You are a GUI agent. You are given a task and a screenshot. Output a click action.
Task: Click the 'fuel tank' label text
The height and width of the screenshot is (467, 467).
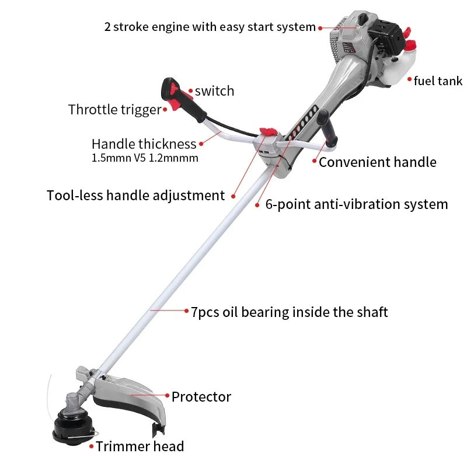click(x=438, y=81)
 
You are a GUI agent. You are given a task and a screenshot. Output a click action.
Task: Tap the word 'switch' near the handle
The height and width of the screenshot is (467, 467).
click(x=214, y=91)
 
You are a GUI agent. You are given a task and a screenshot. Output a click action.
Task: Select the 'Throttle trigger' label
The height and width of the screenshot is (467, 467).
click(x=114, y=110)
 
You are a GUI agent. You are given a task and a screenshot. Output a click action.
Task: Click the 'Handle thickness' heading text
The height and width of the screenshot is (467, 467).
click(x=144, y=144)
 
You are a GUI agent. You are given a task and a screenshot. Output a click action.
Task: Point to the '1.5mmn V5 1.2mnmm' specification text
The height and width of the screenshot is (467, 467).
click(x=145, y=158)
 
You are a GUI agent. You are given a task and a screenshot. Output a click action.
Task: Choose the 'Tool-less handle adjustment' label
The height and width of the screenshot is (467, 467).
click(x=136, y=196)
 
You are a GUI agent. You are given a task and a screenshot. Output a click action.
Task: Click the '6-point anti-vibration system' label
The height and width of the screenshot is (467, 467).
click(x=357, y=205)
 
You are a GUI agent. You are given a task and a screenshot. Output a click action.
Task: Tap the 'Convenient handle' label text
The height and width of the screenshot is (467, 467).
click(x=377, y=162)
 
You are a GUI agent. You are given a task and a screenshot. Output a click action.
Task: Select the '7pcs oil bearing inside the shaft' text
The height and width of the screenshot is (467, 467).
click(x=289, y=312)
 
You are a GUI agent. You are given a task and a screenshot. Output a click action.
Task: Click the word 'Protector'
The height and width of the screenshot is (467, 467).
click(x=201, y=397)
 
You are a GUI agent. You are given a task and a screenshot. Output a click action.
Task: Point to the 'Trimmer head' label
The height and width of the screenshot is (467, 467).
click(x=140, y=447)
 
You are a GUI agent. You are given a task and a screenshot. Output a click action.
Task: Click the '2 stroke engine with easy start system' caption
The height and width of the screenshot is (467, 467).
click(x=210, y=27)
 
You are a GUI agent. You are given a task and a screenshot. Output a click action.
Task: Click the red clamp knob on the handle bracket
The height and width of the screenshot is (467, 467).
click(x=268, y=131)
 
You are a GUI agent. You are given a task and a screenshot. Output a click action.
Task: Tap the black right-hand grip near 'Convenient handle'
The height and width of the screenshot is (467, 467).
click(x=327, y=128)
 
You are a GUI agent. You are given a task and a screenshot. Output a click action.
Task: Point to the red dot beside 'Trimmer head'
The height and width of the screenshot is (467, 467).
click(x=92, y=447)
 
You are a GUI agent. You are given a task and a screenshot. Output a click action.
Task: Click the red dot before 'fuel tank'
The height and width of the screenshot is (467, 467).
click(x=410, y=79)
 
